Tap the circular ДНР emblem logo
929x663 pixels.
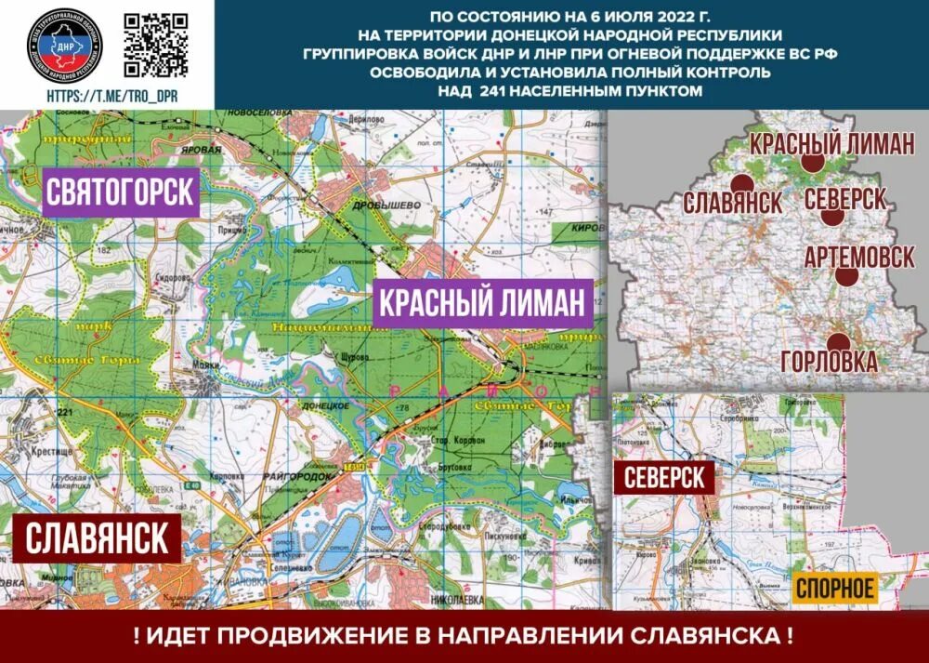pos(64,45)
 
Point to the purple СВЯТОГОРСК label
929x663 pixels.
pos(121,192)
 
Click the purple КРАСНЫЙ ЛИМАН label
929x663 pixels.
pos(483,304)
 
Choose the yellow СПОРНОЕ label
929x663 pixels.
pos(834,588)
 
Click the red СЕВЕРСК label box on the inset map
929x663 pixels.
pos(664,479)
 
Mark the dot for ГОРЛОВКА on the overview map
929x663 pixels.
pos(838,342)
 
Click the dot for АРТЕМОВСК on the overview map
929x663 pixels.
pos(845,275)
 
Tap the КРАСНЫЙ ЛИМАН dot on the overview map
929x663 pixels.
pos(813,161)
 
